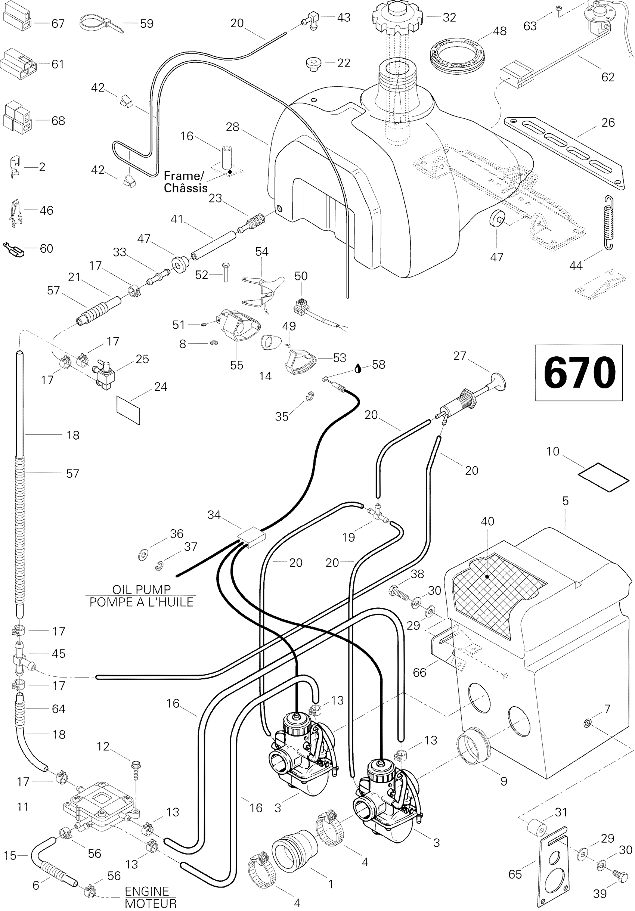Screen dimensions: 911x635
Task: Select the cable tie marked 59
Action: pyautogui.click(x=99, y=23)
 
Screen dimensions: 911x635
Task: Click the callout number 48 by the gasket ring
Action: pyautogui.click(x=499, y=31)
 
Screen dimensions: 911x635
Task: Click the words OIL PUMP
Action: pyautogui.click(x=141, y=589)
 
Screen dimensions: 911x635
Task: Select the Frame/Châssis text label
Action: pyautogui.click(x=185, y=182)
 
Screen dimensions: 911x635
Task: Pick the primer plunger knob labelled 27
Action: pyautogui.click(x=498, y=382)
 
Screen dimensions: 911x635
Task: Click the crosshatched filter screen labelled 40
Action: pyautogui.click(x=499, y=581)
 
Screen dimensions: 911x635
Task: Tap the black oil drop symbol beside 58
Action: pyautogui.click(x=358, y=368)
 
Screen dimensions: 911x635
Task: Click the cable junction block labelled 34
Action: pyautogui.click(x=251, y=536)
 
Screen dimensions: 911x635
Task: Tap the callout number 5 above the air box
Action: pyautogui.click(x=565, y=501)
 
